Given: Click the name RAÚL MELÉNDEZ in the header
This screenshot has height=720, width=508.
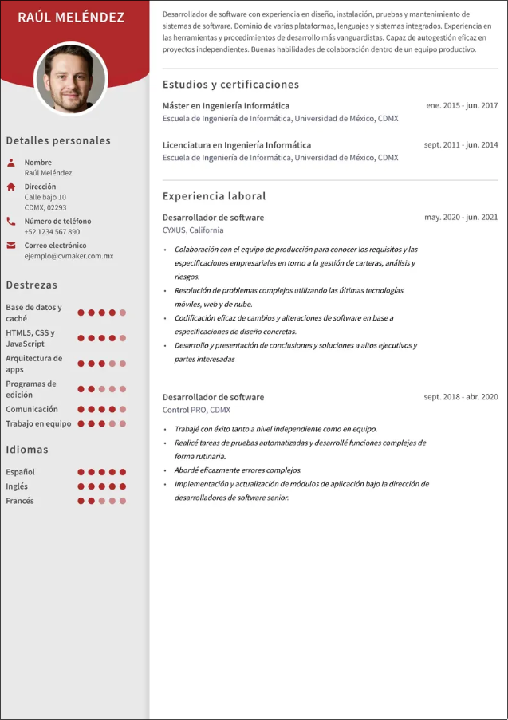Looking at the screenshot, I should click(71, 17).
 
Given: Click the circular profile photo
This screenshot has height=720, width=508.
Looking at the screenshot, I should click(71, 79).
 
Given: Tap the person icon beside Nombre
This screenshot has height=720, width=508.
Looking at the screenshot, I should click(11, 163).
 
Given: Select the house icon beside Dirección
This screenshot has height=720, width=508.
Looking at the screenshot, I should click(11, 187).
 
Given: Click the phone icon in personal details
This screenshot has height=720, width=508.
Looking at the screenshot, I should click(11, 221).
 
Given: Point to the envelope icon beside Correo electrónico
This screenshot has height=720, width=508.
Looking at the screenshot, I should click(11, 246).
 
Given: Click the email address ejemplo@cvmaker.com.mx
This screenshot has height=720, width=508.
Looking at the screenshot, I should click(69, 256).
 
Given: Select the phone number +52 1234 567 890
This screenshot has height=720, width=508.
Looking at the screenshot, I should click(52, 232).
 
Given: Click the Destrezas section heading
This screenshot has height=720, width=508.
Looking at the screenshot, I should click(31, 285).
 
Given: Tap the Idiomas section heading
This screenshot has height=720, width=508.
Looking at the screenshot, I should click(27, 450).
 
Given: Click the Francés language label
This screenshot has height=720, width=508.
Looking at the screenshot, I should click(20, 501).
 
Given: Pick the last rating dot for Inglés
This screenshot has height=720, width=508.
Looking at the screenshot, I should click(123, 486).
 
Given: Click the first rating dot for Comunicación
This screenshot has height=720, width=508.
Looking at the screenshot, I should click(81, 409).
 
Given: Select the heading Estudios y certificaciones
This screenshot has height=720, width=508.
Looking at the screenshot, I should click(230, 85).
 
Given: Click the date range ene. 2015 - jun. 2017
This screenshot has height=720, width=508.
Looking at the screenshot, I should click(462, 105).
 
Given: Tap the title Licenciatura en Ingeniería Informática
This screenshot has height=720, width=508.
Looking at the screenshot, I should click(237, 145).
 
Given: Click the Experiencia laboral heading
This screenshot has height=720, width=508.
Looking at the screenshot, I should click(214, 196).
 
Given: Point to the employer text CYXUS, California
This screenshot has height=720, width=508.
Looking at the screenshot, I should click(193, 230).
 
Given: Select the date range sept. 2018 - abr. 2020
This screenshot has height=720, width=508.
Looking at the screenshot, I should click(460, 396).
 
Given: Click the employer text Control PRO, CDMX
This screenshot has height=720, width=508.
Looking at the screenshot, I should click(196, 410).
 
